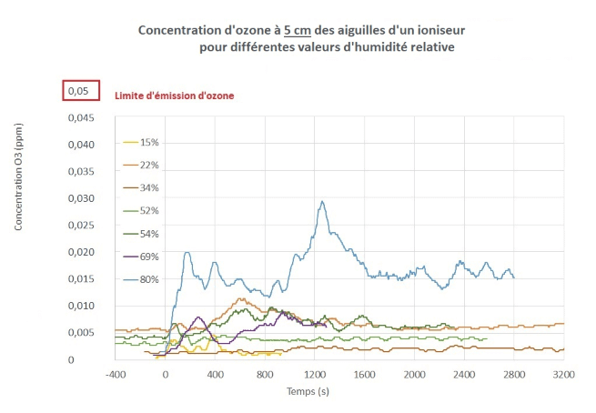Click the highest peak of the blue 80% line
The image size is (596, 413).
[x=322, y=202]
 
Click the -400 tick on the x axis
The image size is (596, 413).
[x=115, y=375]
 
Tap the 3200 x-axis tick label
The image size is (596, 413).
[x=563, y=375]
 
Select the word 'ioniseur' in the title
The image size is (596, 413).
[x=440, y=30]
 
